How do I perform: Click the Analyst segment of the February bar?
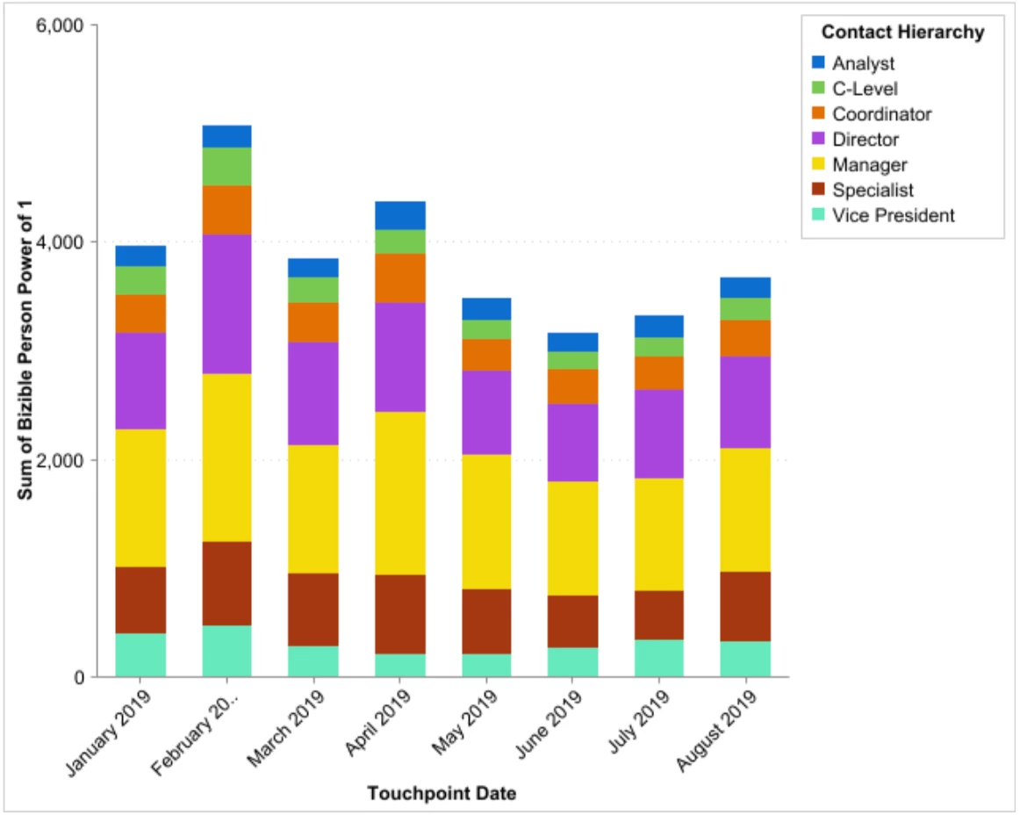click(226, 136)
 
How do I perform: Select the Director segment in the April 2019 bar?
click(400, 357)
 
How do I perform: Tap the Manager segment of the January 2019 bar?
click(140, 497)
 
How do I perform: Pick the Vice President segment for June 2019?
click(572, 662)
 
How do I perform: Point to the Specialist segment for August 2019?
click(745, 606)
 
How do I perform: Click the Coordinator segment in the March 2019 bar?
click(313, 322)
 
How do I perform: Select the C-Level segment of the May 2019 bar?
click(486, 329)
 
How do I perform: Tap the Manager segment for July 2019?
click(658, 534)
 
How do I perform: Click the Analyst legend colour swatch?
click(818, 63)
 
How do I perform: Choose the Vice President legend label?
click(894, 215)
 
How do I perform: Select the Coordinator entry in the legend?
click(881, 114)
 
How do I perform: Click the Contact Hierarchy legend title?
click(901, 32)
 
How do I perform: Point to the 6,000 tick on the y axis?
click(59, 25)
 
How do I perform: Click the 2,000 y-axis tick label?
click(59, 460)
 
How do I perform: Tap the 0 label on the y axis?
click(77, 677)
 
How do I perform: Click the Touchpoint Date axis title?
click(442, 794)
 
